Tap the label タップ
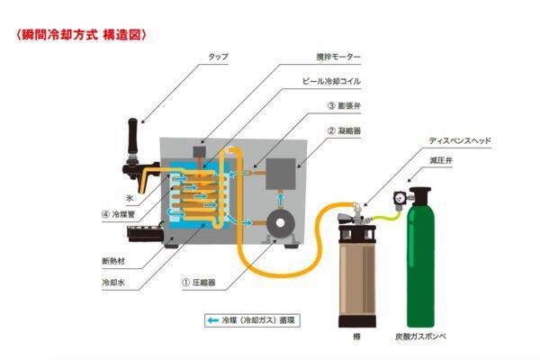217,56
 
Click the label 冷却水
113,281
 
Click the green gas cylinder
428,261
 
